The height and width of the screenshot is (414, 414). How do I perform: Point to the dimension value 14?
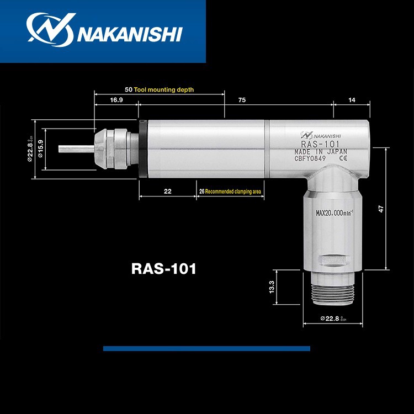(x=352, y=100)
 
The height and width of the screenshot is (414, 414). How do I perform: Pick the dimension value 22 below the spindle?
(x=168, y=192)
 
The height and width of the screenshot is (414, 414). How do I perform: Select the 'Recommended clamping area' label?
(x=232, y=192)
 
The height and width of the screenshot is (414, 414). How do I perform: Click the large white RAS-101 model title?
(x=164, y=269)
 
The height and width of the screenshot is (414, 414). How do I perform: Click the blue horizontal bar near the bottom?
(x=206, y=348)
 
